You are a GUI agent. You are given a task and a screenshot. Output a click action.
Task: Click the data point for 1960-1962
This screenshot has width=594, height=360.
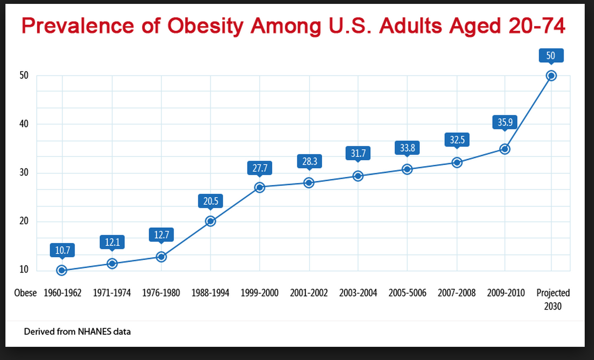coord(62,270)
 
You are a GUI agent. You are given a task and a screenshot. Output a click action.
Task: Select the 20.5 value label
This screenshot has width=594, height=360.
coord(211,201)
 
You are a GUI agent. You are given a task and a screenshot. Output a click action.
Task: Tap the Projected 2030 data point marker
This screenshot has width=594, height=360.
coord(551,76)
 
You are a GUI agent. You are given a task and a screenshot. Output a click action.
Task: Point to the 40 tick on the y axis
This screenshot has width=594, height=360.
coord(24,124)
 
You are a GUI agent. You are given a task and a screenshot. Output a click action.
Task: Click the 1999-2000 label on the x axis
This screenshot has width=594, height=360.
coord(259,293)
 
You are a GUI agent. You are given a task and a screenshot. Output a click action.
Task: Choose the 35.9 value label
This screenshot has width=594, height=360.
coord(505,122)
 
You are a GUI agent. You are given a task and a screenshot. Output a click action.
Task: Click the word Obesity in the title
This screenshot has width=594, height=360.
coord(205,26)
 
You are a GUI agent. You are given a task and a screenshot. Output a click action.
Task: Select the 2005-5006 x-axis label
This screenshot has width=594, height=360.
coord(407,293)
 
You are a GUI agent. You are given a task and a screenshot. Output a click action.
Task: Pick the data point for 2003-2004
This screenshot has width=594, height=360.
coord(358,176)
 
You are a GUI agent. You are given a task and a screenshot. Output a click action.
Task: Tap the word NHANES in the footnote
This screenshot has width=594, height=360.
coord(94,332)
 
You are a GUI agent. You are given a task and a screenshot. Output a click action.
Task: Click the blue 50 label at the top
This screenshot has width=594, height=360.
coord(551,55)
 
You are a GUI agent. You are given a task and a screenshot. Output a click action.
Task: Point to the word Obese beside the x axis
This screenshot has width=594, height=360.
coord(25,293)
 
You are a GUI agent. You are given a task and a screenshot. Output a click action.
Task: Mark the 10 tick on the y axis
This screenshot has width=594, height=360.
coord(24,269)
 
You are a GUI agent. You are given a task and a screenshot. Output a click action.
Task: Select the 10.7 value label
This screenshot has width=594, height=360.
coord(62,250)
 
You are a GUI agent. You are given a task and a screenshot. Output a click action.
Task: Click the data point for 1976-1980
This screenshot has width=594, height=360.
coord(161,257)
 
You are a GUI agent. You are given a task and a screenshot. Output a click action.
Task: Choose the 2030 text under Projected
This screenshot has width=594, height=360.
coord(553,306)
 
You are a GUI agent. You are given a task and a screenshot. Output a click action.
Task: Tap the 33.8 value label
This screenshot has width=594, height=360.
coord(407,148)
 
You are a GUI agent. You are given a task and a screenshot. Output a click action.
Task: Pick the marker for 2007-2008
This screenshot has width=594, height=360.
coord(457,163)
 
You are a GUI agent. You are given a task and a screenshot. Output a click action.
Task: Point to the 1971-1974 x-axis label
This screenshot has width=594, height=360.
coord(112,293)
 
